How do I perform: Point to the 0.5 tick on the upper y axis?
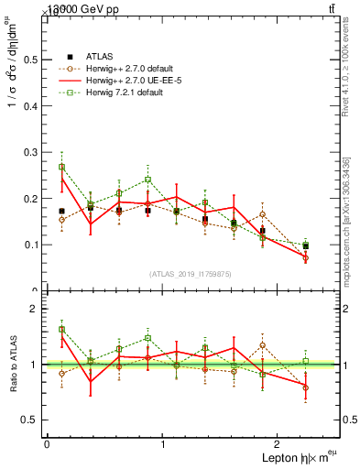tap(31, 60)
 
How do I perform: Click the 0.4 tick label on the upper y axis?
tap(31, 106)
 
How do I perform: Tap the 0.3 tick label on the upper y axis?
tap(31, 152)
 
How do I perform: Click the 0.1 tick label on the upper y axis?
tap(31, 245)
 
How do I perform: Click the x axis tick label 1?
tap(163, 443)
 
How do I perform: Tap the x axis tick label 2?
tap(280, 443)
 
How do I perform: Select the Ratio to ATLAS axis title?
tap(14, 364)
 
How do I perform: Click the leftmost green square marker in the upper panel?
tap(61, 167)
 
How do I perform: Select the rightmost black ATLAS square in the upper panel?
tap(306, 246)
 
